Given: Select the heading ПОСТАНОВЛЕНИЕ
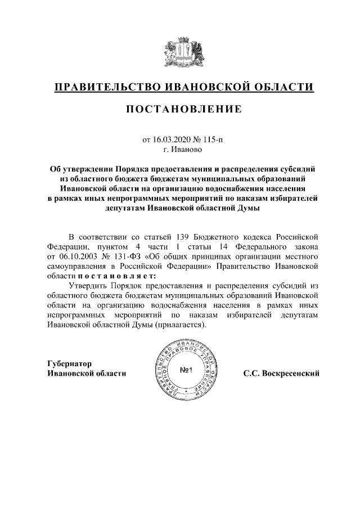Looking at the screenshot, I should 183,109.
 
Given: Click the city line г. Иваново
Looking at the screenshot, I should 183,150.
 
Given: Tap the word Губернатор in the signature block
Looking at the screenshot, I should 70,363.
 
